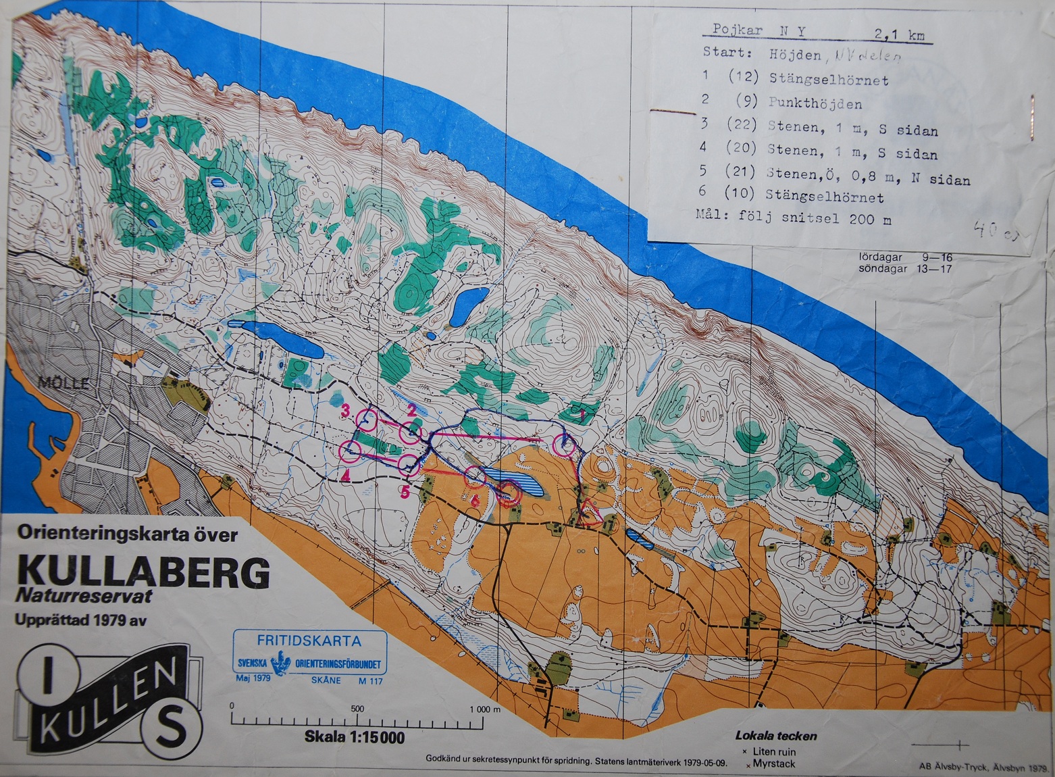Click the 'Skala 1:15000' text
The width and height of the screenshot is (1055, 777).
(x=355, y=736)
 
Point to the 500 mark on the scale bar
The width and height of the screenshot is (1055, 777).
(x=357, y=709)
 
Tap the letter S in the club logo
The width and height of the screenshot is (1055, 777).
(x=173, y=732)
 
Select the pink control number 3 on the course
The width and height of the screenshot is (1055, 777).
(x=345, y=410)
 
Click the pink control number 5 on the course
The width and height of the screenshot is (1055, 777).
(x=404, y=491)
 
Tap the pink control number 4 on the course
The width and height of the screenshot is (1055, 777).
(x=345, y=476)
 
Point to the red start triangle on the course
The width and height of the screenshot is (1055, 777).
(x=592, y=511)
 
